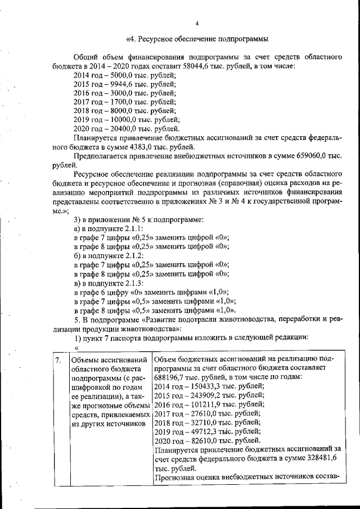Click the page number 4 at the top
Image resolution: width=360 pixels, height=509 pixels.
click(197, 24)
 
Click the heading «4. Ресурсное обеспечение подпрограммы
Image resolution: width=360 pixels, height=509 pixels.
click(197, 39)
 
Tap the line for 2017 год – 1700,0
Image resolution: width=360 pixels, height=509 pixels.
click(124, 102)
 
